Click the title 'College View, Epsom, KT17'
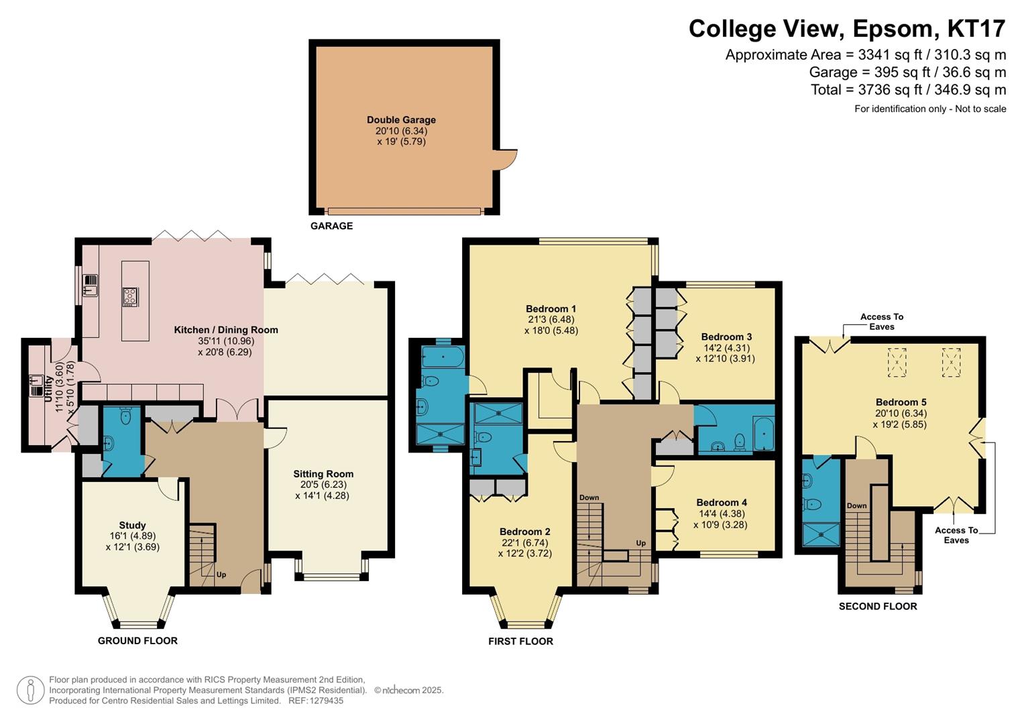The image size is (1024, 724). point(847,28)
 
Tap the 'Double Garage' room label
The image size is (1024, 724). point(401,120)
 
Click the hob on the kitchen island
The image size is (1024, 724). point(130,296)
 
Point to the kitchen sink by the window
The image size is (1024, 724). point(91,286)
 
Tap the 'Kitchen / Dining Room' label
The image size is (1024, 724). point(226,330)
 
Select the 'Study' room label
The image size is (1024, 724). point(132,526)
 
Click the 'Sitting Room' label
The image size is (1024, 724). point(323,474)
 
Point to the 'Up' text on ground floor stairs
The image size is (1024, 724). point(221,575)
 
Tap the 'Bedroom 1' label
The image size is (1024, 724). point(551,309)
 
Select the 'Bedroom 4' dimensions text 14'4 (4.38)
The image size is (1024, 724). point(721,514)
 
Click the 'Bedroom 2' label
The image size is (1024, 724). point(524,532)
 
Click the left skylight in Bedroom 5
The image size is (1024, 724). point(897,362)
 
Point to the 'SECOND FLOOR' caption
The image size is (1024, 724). point(878,606)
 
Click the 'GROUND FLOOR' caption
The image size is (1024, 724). point(137,641)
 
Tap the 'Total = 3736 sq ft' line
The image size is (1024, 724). point(908,90)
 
